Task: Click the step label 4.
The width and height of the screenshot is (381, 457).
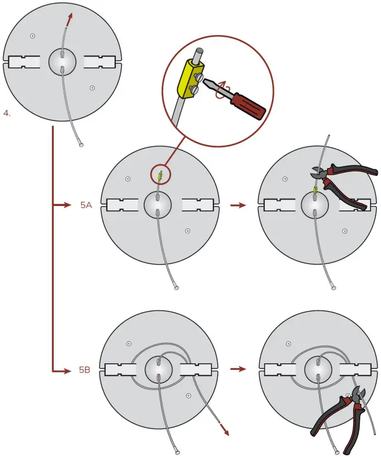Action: click(7, 114)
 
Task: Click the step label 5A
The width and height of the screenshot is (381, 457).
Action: click(85, 205)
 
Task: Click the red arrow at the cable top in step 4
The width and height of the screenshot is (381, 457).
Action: click(69, 19)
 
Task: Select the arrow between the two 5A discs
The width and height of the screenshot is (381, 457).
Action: click(237, 205)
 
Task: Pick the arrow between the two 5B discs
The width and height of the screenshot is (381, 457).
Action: click(237, 369)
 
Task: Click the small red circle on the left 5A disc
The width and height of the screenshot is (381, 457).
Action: click(160, 176)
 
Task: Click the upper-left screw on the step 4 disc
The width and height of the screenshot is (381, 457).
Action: click(33, 36)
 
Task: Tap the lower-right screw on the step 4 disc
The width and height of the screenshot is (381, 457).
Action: click(92, 87)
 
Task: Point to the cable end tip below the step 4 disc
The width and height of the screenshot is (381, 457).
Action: click(81, 146)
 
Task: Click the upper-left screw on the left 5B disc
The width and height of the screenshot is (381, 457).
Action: click(129, 344)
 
